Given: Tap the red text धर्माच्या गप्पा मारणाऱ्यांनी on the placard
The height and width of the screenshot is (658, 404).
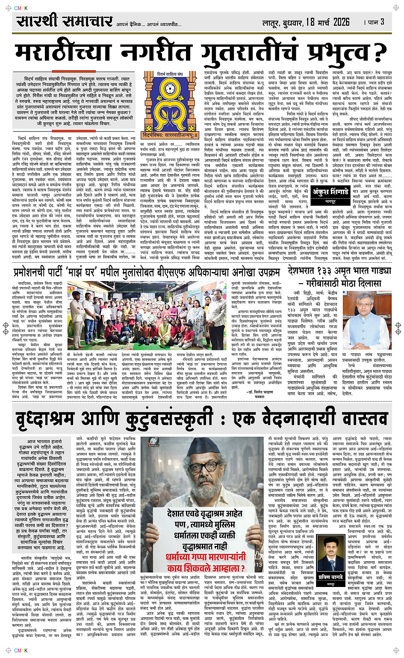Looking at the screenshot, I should click(x=206, y=557).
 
